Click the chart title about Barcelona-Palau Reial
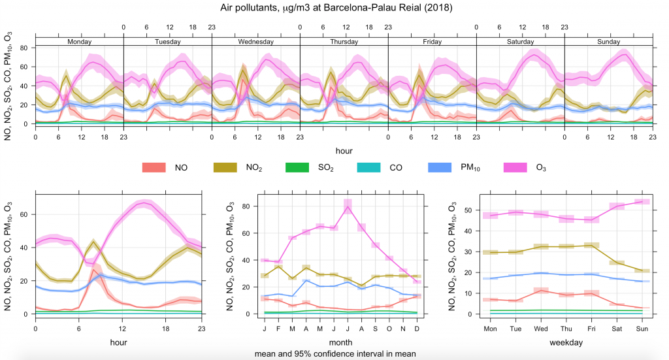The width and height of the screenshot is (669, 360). [334, 8]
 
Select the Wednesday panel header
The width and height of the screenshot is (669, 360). [255, 41]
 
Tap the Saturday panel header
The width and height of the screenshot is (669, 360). [520, 41]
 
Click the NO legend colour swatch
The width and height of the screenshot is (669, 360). [154, 168]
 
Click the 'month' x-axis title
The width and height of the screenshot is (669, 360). [340, 341]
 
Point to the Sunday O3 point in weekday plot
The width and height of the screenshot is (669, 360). [641, 202]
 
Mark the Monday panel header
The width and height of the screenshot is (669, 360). [79, 41]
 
